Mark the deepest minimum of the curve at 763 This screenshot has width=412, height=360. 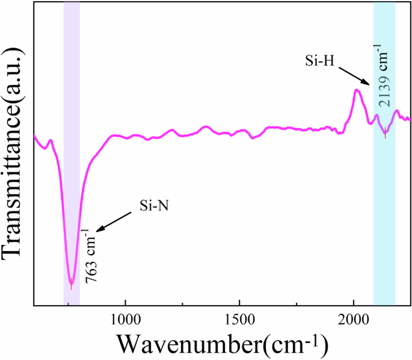click(x=71, y=284)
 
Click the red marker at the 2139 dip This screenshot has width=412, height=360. click(x=385, y=135)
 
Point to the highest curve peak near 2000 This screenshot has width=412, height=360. click(x=357, y=90)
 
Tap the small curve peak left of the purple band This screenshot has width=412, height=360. click(x=51, y=140)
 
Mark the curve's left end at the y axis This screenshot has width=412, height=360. click(x=34, y=136)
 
